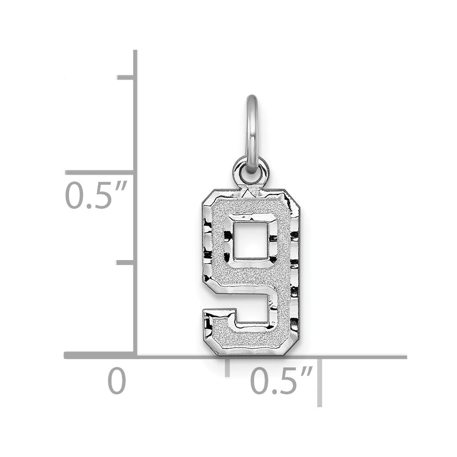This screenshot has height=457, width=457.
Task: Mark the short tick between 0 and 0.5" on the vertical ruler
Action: (x=126, y=263)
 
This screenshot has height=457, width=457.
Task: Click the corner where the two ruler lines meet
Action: (x=135, y=356)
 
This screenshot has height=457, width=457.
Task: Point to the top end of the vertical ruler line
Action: (x=135, y=52)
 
